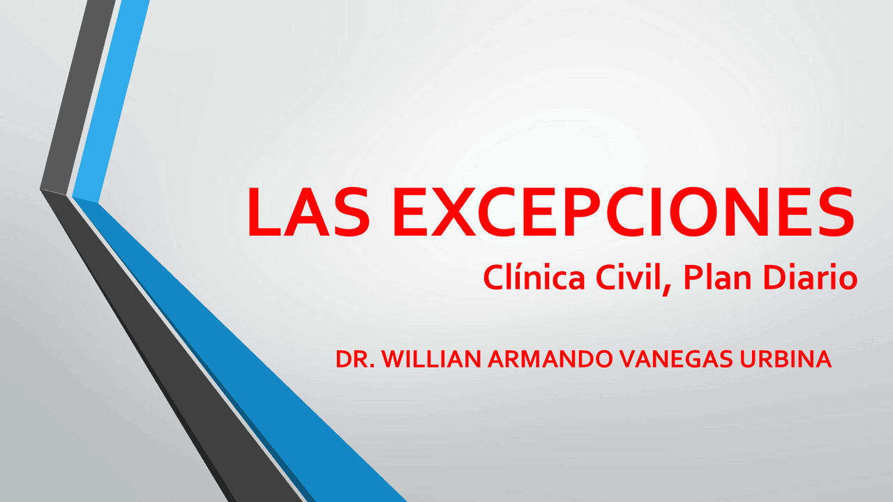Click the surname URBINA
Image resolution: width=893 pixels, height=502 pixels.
pos(790,359)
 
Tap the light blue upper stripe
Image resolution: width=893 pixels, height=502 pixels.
pos(112,98)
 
